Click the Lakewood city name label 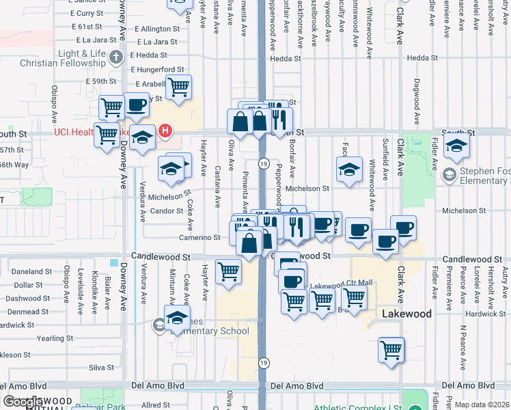[x=406, y=314]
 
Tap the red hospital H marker [x=165, y=130]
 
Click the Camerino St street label [x=200, y=238]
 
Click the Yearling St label [x=50, y=338]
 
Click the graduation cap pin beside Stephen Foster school [x=456, y=146]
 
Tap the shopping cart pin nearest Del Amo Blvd [x=391, y=351]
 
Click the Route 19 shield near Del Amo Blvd [x=263, y=363]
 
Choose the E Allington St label [x=156, y=29]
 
